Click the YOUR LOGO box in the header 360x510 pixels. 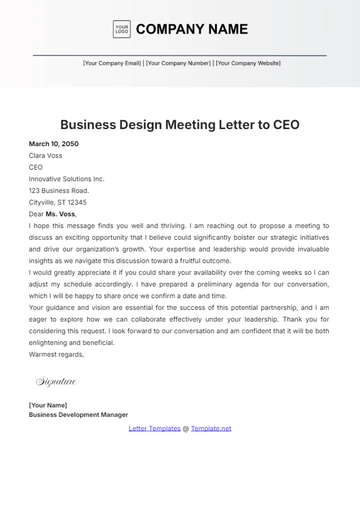tap(121, 29)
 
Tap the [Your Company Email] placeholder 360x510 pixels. tap(112, 63)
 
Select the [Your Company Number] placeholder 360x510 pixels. tap(178, 63)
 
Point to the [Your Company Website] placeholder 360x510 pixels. tap(248, 63)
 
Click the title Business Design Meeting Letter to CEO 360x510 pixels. tap(180, 125)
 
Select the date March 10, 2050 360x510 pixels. tap(54, 144)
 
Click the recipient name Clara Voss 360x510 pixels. tap(45, 155)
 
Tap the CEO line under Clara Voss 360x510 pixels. tap(36, 167)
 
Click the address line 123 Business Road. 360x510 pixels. tap(59, 190)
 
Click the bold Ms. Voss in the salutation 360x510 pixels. tap(60, 213)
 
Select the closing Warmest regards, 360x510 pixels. tap(57, 353)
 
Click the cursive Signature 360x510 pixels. tap(56, 381)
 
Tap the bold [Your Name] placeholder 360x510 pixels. tap(49, 405)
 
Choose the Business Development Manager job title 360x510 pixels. tap(79, 414)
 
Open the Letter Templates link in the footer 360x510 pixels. tap(155, 428)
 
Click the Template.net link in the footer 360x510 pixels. tap(211, 428)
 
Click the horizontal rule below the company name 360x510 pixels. tap(180, 55)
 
